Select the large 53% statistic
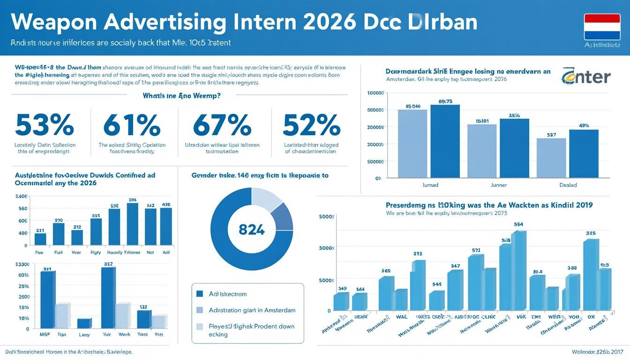click(45, 125)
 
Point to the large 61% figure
click(132, 125)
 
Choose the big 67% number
click(222, 125)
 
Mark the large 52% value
click(311, 125)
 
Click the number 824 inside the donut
click(252, 230)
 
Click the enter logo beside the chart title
click(586, 76)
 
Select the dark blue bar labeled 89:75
click(445, 141)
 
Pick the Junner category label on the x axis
click(498, 185)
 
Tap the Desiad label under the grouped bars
click(568, 185)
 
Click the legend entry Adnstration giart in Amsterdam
click(252, 310)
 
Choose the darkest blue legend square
click(200, 294)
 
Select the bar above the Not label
click(150, 227)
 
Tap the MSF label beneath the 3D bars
click(45, 335)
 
